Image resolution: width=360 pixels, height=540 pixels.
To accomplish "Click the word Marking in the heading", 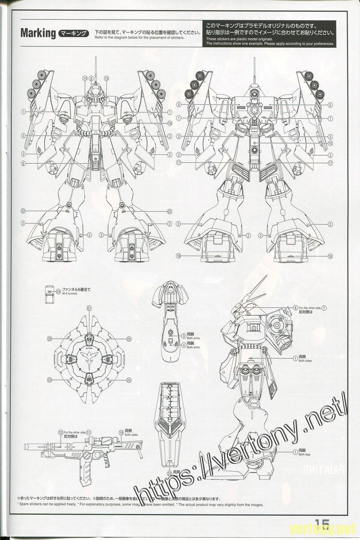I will [38, 34].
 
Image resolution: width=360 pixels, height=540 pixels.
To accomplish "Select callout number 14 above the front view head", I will [85, 78].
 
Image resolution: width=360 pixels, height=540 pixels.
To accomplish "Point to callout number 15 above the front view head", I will [106, 78].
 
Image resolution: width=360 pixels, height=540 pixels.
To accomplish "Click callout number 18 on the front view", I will [170, 124].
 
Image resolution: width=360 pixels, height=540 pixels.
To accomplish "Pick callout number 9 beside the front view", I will [22, 163].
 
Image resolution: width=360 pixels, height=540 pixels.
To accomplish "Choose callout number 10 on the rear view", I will [330, 143].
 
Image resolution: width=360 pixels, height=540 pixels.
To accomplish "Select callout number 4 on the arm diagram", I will [184, 345].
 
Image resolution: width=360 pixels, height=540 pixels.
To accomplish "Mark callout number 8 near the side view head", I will [296, 308].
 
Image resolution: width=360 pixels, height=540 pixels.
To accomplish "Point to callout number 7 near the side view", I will [324, 308].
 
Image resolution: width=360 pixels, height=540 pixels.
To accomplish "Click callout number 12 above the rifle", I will [61, 432].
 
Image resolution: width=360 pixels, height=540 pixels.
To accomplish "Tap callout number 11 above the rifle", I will [89, 432].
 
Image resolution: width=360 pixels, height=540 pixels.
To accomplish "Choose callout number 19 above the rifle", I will [121, 432].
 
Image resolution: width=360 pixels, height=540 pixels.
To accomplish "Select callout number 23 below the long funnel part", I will [169, 473].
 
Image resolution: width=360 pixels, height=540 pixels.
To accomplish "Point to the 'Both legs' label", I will [305, 454].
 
